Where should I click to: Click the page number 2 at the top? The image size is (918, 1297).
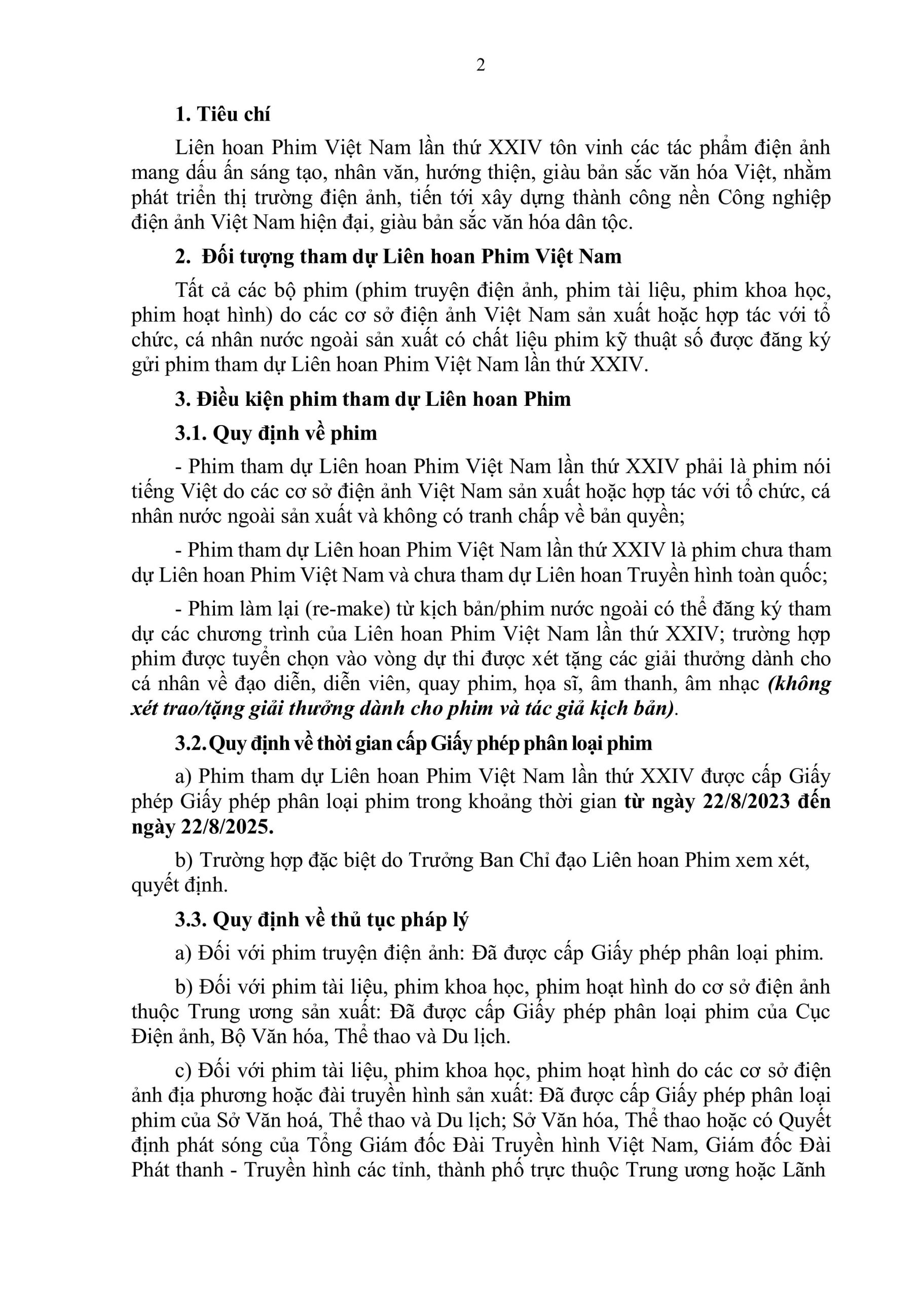[481, 65]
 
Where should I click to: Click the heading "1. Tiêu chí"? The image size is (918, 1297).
[223, 114]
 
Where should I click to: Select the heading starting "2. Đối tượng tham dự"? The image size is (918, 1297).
[398, 256]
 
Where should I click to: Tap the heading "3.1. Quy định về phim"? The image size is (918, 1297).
[276, 433]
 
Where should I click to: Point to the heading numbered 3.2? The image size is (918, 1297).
[413, 743]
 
